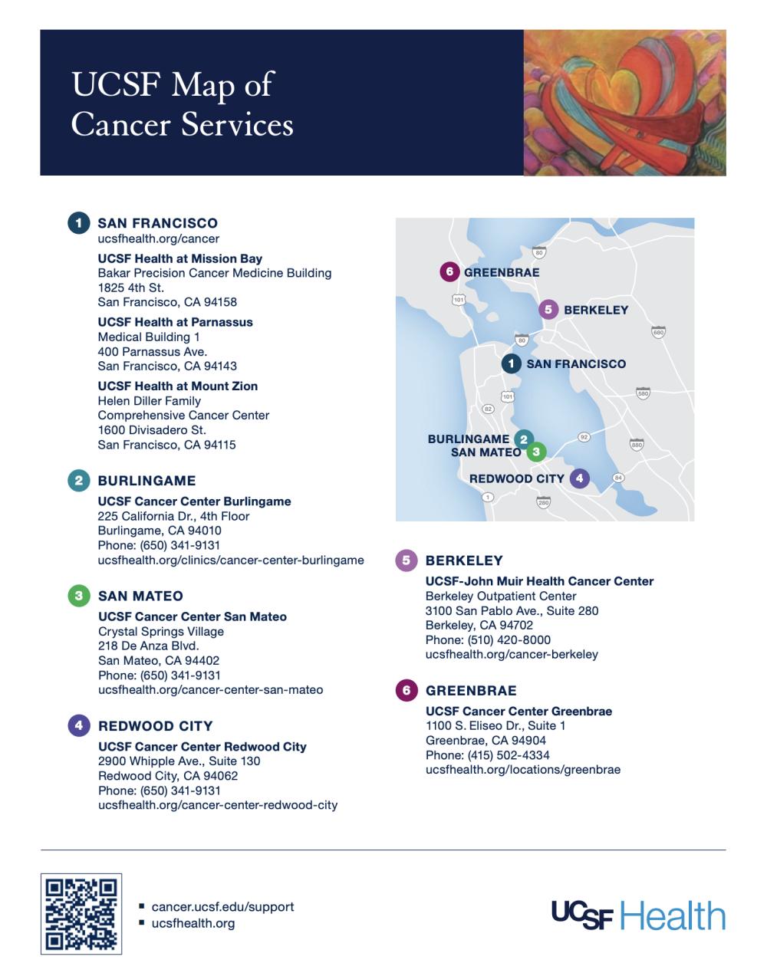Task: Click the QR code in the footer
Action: [x=81, y=914]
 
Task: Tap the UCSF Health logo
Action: [x=638, y=915]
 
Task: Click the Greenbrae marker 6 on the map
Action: [x=450, y=272]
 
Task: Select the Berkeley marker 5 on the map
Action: [x=548, y=310]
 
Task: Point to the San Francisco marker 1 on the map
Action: [x=511, y=363]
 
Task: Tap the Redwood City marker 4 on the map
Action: [x=579, y=478]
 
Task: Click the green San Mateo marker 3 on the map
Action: [x=536, y=452]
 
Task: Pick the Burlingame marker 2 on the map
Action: [x=524, y=439]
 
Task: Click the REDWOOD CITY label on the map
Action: [x=516, y=478]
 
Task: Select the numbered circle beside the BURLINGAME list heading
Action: [x=78, y=481]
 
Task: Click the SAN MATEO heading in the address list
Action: [x=140, y=596]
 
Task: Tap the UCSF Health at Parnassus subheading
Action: [x=175, y=322]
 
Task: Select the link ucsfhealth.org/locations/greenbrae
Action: [x=523, y=769]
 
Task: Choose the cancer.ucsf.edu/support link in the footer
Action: [x=222, y=907]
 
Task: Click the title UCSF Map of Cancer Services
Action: [x=182, y=104]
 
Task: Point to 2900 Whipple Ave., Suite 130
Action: [x=179, y=761]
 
